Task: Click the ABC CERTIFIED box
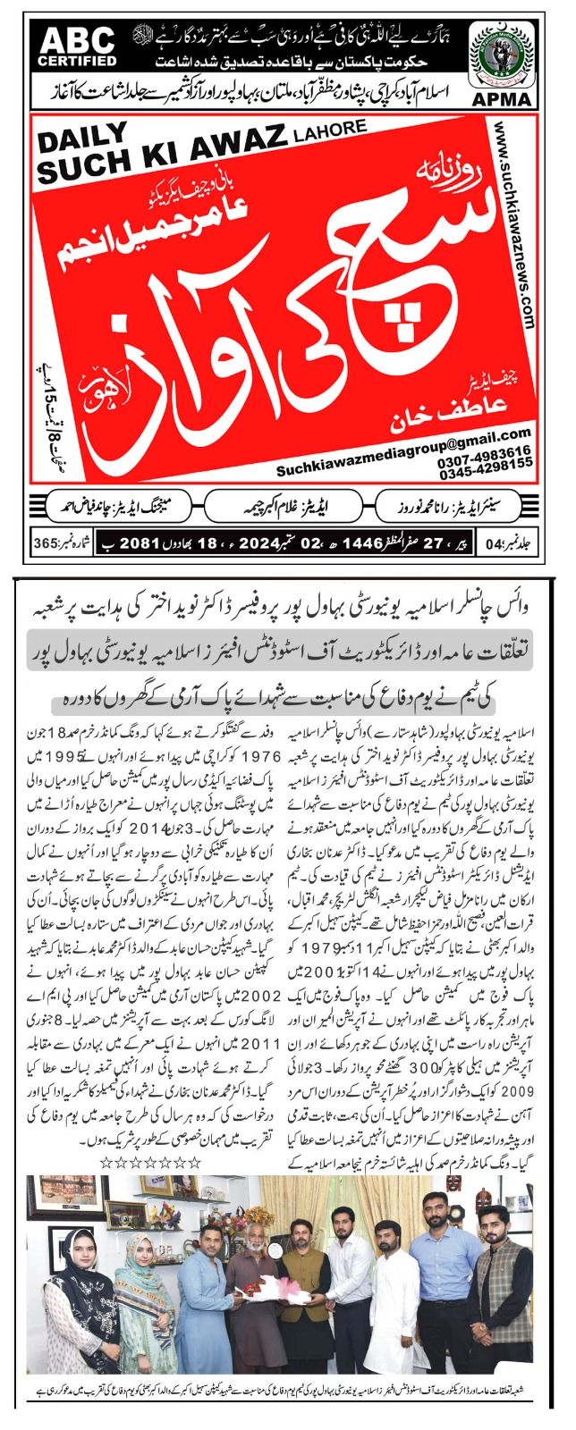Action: tap(77, 46)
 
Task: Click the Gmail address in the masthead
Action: tap(404, 444)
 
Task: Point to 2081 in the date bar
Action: tap(140, 543)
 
